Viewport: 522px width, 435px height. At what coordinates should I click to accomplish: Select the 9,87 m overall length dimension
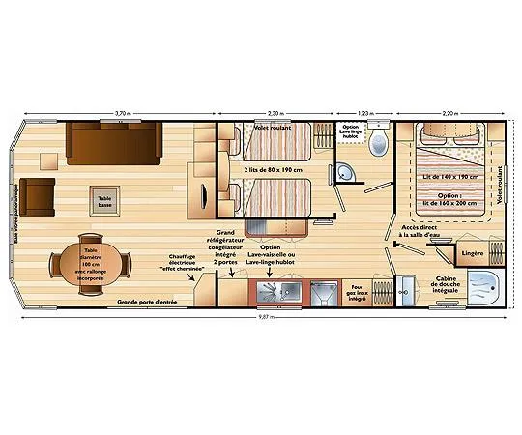coord(261,317)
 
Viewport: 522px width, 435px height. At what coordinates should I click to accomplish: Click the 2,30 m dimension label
coord(275,113)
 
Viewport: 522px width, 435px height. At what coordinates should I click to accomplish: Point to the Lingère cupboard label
coord(473,253)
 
